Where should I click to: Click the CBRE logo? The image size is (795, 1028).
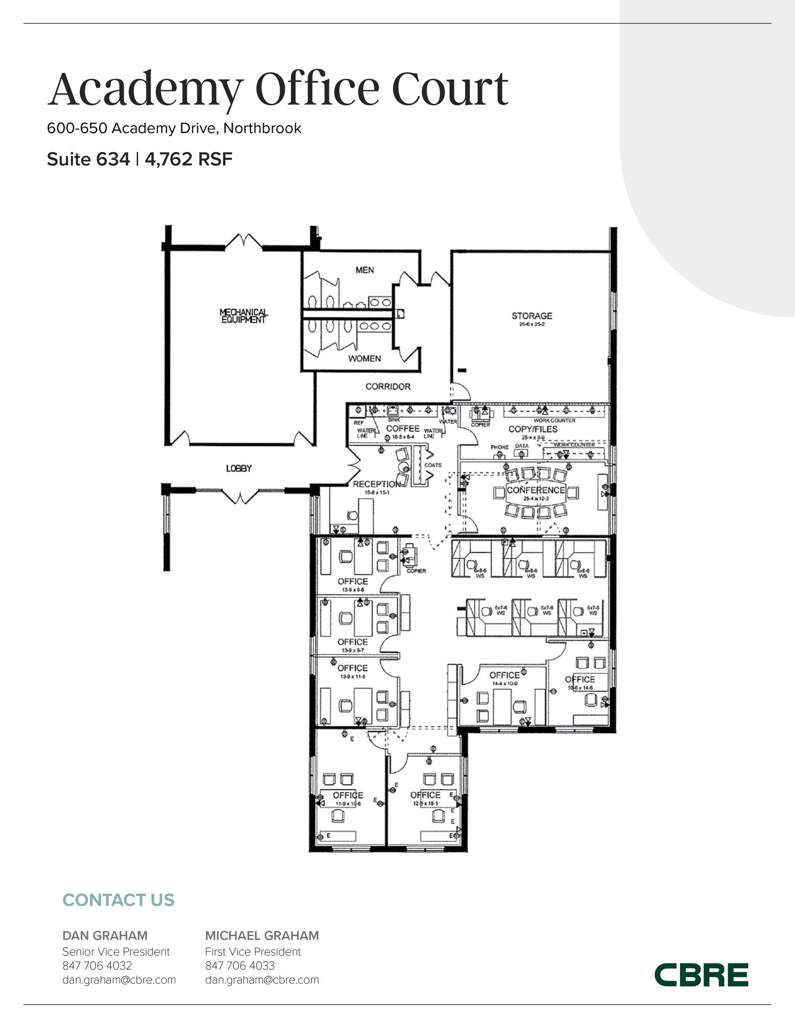(701, 974)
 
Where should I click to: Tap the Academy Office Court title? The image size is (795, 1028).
(278, 89)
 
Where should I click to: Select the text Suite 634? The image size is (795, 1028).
(88, 160)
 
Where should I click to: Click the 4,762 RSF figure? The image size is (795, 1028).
(188, 160)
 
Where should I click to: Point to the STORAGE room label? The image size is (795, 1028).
(531, 316)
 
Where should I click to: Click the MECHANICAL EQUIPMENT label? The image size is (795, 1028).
(244, 316)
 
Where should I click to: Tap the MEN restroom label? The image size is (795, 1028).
(365, 270)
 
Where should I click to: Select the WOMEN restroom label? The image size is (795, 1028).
(365, 358)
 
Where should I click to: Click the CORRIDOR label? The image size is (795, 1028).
(388, 387)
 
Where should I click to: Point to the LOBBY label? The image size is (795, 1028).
(239, 468)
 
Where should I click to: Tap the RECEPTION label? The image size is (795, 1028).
(377, 484)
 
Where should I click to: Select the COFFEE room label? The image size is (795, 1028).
(402, 429)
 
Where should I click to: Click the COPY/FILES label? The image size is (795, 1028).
(533, 429)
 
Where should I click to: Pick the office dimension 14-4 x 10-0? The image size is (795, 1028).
(504, 684)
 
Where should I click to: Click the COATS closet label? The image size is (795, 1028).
(433, 465)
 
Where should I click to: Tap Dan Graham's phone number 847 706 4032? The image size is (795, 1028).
(97, 965)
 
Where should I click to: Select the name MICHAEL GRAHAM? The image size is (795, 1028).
(262, 936)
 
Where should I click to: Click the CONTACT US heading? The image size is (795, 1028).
(118, 900)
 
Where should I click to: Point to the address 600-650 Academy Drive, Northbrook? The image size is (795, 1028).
(174, 128)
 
